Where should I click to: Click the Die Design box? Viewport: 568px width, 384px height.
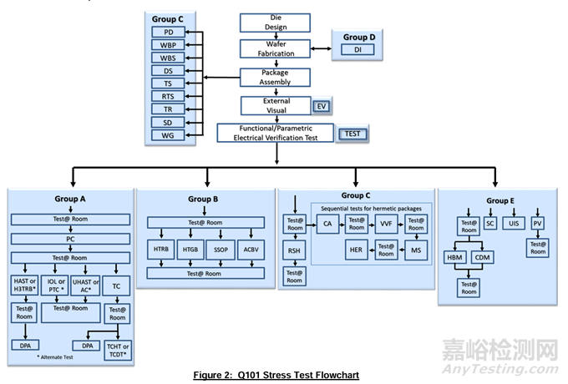pyautogui.click(x=275, y=22)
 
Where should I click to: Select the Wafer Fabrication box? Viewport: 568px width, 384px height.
pyautogui.click(x=275, y=49)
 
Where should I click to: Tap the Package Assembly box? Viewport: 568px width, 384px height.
pyautogui.click(x=275, y=78)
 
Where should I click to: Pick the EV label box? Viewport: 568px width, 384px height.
pyautogui.click(x=322, y=106)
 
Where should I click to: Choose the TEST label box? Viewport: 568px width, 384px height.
pyautogui.click(x=351, y=134)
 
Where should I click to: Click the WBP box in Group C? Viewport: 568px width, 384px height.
pyautogui.click(x=168, y=45)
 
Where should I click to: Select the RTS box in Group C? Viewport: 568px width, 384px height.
pyautogui.click(x=168, y=96)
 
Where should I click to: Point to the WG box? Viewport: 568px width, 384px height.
pyautogui.click(x=168, y=134)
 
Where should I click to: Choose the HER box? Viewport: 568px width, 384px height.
pyautogui.click(x=357, y=249)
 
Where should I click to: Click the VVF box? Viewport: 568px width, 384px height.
pyautogui.click(x=386, y=224)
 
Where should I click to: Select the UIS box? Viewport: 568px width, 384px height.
pyautogui.click(x=513, y=225)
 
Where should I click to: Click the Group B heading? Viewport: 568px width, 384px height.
pyautogui.click(x=205, y=200)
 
